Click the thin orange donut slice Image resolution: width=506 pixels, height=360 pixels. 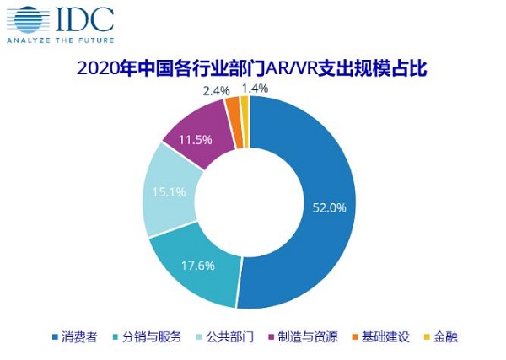point(233,110)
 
